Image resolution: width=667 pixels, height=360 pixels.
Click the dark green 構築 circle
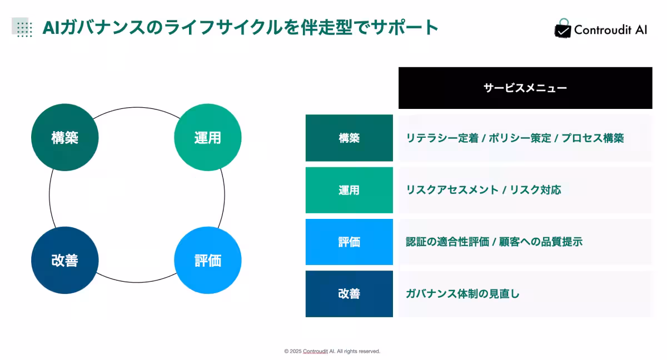(65, 137)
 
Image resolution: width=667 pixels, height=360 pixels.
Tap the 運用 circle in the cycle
(208, 137)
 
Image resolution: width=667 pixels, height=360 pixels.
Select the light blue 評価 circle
(208, 261)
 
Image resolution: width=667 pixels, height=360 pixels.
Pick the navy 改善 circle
(65, 261)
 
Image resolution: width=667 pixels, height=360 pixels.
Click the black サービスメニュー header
(525, 88)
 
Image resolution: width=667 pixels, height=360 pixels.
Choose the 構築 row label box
(349, 138)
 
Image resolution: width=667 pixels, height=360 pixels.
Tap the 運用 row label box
(349, 190)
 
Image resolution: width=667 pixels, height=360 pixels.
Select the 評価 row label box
(349, 242)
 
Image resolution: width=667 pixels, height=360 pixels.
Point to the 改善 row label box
(349, 294)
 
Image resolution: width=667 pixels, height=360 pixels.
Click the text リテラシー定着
(442, 138)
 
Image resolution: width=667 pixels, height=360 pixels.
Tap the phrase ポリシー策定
(520, 138)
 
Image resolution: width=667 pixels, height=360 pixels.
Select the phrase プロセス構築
(593, 138)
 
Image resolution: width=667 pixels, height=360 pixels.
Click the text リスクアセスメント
(452, 190)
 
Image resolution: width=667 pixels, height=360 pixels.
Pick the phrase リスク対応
(536, 190)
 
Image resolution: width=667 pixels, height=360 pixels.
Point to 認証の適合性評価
(447, 242)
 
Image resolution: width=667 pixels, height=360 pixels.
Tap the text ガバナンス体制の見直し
(463, 294)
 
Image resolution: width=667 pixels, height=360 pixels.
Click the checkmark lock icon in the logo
(563, 28)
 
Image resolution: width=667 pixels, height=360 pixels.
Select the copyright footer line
(332, 351)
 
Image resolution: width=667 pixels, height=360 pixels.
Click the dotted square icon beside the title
(22, 27)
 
